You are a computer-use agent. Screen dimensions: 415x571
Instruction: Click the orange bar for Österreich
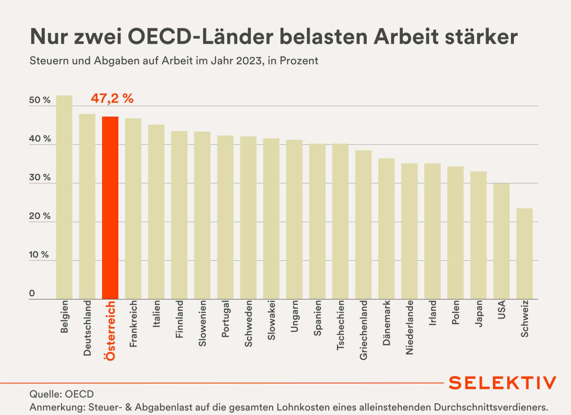point(110,208)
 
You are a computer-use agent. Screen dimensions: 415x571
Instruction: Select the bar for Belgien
point(64,197)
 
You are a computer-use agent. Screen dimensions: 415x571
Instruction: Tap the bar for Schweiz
point(524,254)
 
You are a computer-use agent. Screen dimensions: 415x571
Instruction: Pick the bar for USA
point(501,241)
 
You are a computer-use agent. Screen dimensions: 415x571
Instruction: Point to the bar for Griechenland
point(363,225)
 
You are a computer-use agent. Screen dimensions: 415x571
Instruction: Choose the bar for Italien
point(156,212)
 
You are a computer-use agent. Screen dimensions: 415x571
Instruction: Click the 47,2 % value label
point(112,98)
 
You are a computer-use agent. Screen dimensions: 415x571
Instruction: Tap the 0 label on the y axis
point(32,293)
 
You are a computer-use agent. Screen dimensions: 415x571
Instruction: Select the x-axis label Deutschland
point(87,328)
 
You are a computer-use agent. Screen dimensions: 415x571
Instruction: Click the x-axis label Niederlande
point(410,327)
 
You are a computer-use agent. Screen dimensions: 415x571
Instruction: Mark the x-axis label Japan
point(479,313)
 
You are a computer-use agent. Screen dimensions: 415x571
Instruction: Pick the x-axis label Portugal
point(225,319)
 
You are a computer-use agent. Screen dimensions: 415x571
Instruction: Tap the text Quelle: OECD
point(62,394)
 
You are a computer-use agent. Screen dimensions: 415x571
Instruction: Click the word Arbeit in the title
point(406,37)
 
